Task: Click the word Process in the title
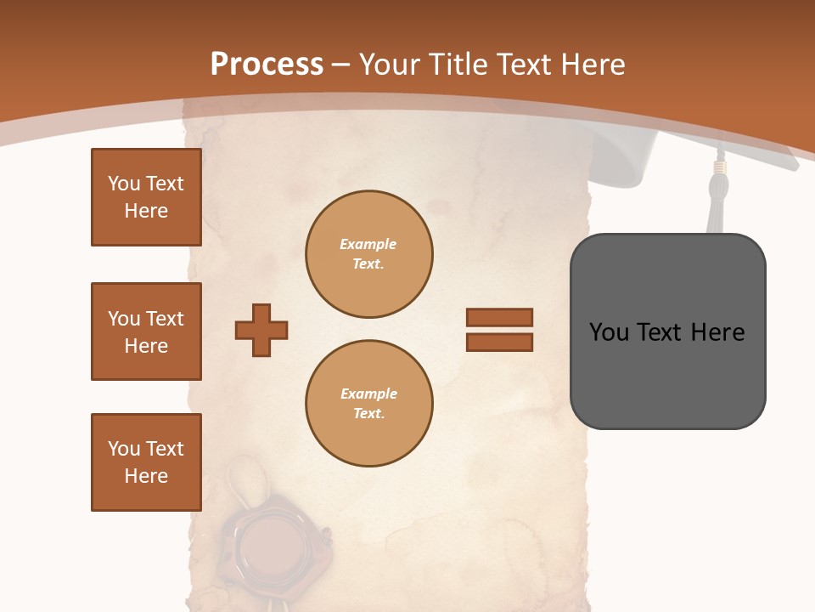coord(267,65)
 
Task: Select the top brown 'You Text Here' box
coord(146,197)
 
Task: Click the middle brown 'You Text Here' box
coord(146,331)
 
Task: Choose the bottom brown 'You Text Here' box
coord(146,462)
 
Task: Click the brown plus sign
coord(261,330)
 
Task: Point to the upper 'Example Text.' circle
coord(368,254)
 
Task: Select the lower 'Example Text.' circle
coord(368,404)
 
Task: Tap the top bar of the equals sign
coord(499,318)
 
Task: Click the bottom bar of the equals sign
coord(499,342)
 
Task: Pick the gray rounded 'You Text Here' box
coord(667,331)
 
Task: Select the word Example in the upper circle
coord(368,245)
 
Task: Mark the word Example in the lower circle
coord(368,394)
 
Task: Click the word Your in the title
coord(388,65)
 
